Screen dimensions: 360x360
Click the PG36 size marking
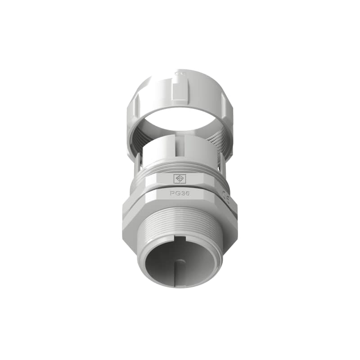(180, 193)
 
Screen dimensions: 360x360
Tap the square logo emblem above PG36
(180, 179)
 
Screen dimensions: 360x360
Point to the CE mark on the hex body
(226, 197)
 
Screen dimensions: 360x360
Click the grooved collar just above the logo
(180, 167)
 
